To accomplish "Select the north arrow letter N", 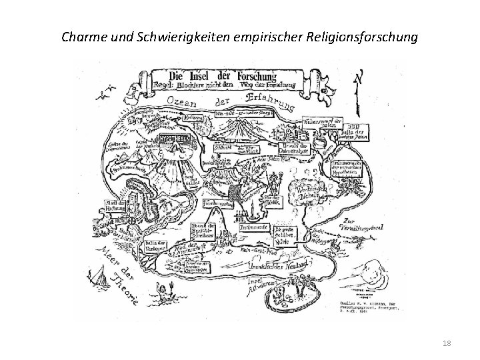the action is pos(359,79).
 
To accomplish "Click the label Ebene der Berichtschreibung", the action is pos(202,231).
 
